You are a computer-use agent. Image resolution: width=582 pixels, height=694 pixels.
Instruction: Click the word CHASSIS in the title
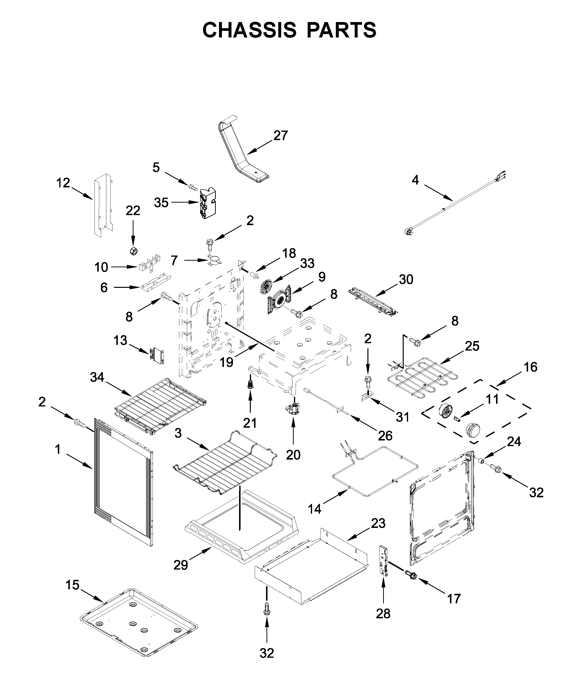tap(250, 30)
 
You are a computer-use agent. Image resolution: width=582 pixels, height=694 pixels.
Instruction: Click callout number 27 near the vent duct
tap(280, 135)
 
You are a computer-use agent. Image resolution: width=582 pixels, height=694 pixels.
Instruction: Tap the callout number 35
tap(161, 203)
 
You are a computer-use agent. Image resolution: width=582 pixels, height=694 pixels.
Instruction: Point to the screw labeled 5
tap(193, 187)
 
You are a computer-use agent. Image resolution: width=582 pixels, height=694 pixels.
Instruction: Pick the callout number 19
tap(227, 363)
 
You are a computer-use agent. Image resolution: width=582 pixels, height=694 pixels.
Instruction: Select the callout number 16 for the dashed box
tap(531, 367)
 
